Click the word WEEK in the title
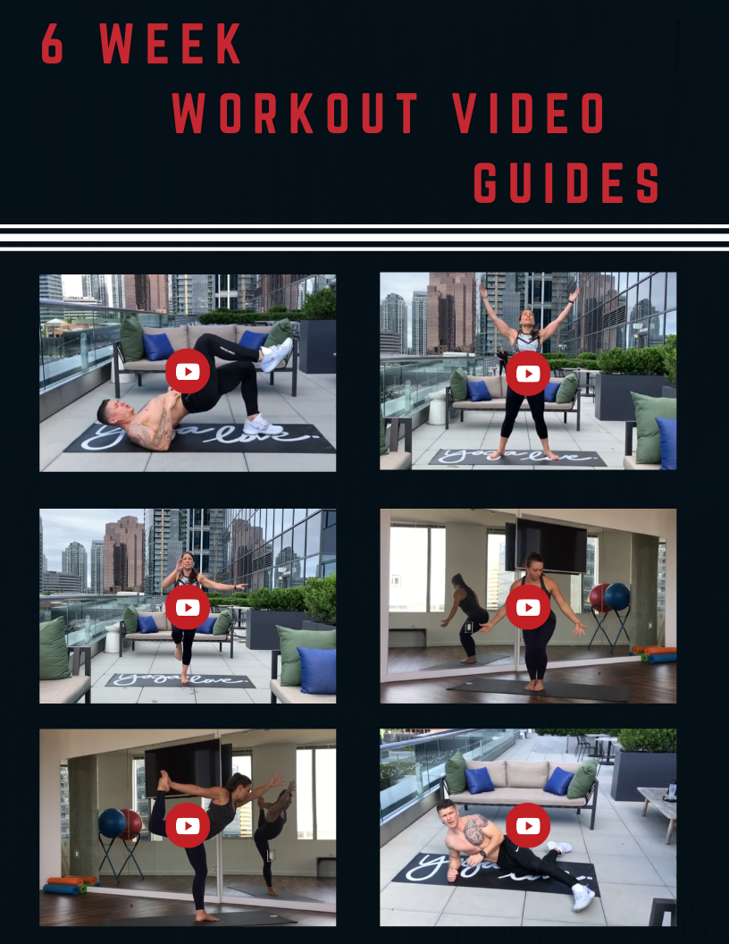[x=171, y=43]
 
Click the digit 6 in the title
[x=53, y=43]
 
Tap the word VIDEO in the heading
[x=529, y=113]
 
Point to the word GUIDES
[x=566, y=181]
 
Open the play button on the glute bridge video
[x=188, y=372]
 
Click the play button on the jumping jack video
[x=528, y=374]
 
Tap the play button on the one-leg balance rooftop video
[x=188, y=607]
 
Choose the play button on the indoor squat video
[x=528, y=607]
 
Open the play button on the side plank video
[x=528, y=825]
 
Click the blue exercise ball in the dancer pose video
[x=112, y=823]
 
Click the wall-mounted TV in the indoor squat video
[x=550, y=544]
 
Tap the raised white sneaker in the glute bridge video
[x=277, y=355]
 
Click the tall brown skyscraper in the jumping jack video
[x=450, y=312]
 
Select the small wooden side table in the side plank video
[x=658, y=811]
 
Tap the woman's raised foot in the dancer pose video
[x=163, y=780]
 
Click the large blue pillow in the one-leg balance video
[x=317, y=670]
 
